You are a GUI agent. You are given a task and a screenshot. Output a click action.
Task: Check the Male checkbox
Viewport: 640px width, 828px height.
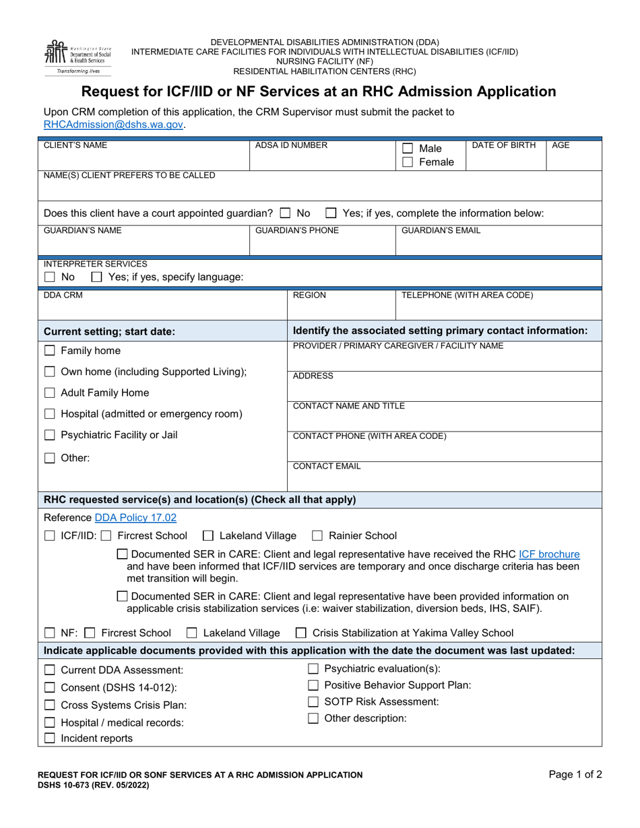pyautogui.click(x=408, y=148)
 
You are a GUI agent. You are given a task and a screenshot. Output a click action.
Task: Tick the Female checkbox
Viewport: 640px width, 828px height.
pyautogui.click(x=408, y=162)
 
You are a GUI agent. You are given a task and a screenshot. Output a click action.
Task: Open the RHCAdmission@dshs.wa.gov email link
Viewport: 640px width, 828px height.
pyautogui.click(x=113, y=125)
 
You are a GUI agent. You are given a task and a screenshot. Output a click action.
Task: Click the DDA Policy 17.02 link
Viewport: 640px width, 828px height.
pyautogui.click(x=135, y=518)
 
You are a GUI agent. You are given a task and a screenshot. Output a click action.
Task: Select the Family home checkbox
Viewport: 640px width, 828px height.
pyautogui.click(x=50, y=351)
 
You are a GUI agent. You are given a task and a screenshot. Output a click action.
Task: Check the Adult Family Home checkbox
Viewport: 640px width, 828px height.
pyautogui.click(x=50, y=393)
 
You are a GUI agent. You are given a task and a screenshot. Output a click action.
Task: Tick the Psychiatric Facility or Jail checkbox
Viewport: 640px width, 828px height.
pyautogui.click(x=50, y=436)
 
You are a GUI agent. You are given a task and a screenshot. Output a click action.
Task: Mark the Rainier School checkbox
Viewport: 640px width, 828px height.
pyautogui.click(x=317, y=537)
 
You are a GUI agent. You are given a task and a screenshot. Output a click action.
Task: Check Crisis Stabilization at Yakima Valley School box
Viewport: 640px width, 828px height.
pyautogui.click(x=301, y=633)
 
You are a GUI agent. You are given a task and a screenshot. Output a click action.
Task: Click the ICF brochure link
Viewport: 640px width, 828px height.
pyautogui.click(x=549, y=554)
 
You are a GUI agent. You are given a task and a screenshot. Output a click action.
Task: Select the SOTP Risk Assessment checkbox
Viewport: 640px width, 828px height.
pyautogui.click(x=313, y=701)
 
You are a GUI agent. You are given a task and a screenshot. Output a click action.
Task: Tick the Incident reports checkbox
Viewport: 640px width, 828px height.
pyautogui.click(x=50, y=738)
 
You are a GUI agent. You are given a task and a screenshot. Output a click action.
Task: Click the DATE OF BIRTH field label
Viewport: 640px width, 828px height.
pyautogui.click(x=504, y=145)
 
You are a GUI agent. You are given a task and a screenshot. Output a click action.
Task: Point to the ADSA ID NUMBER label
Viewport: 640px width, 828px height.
pyautogui.click(x=292, y=145)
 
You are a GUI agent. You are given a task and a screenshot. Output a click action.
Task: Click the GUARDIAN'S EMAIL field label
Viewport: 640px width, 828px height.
pyautogui.click(x=441, y=231)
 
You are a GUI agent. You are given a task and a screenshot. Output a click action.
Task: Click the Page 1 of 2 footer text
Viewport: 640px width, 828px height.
pyautogui.click(x=575, y=775)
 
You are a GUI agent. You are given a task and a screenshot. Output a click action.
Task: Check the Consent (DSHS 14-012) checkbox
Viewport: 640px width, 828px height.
pyautogui.click(x=50, y=687)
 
